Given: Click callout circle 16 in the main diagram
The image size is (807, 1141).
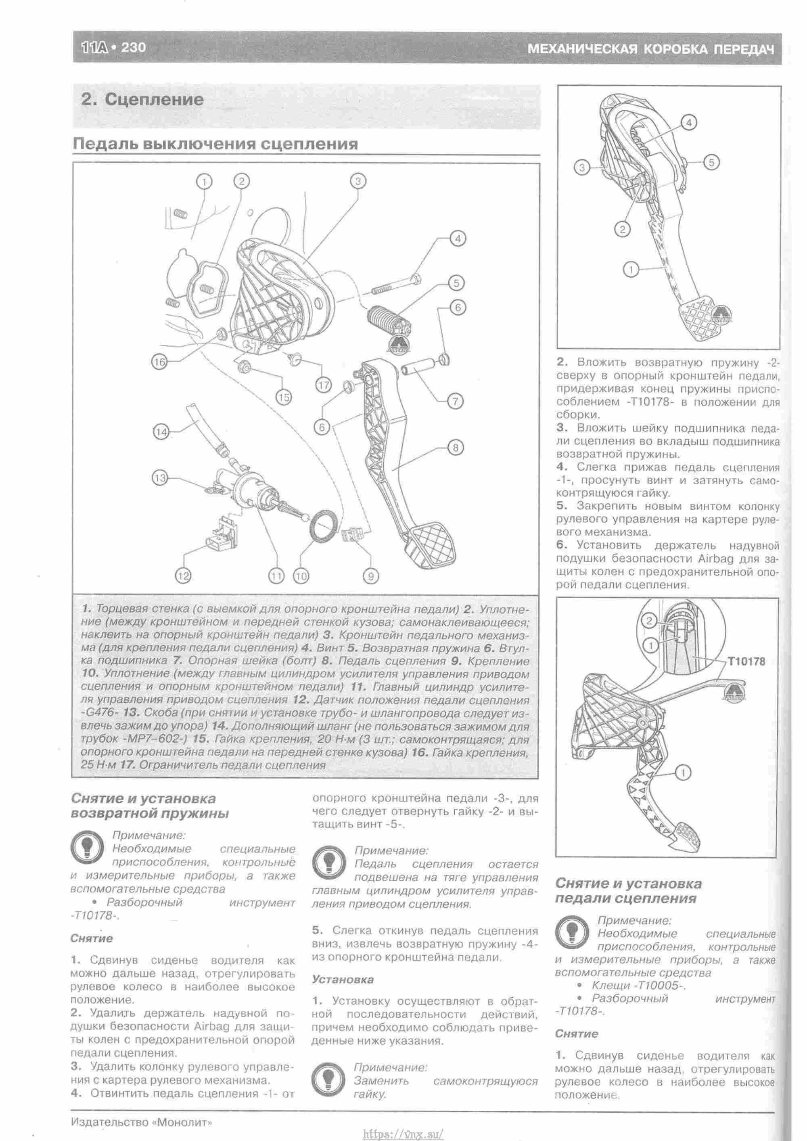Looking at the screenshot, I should coord(159,362).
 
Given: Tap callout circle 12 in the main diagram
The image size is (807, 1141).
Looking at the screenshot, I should coord(183,576).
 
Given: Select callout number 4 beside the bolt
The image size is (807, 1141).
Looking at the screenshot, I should coord(458,239).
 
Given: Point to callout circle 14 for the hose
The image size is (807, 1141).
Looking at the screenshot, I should coord(161,432).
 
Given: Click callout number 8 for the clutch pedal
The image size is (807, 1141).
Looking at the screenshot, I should coord(456,447).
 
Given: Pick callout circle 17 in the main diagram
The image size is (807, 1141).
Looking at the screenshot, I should coord(324,385).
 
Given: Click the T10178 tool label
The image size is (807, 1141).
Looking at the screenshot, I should coord(746,662).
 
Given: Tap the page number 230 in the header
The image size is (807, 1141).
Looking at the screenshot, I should coord(133,48).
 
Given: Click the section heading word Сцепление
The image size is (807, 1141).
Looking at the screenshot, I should coord(154,99).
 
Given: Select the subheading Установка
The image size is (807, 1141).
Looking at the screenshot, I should coord(343,979).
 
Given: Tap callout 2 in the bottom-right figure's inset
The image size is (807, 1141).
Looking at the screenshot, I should coord(648,620).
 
